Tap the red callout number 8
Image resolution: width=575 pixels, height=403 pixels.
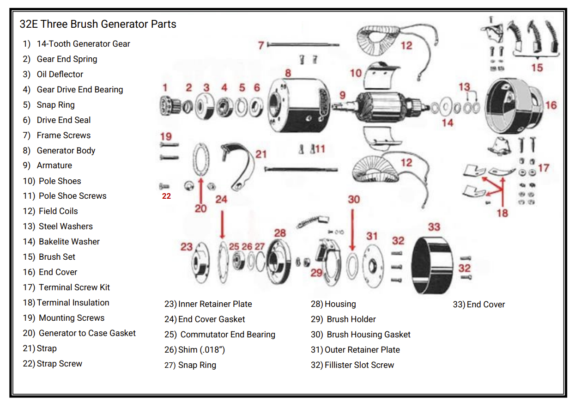[288, 73]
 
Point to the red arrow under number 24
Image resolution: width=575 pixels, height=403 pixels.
[223, 224]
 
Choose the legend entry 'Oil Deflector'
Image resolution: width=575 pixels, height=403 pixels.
[60, 74]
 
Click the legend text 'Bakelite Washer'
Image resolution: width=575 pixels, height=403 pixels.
[69, 242]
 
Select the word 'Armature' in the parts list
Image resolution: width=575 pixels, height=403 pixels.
[54, 165]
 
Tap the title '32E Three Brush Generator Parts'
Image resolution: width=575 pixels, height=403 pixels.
[98, 24]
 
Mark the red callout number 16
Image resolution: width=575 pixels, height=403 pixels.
[551, 105]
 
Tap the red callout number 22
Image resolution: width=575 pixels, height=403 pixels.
[166, 196]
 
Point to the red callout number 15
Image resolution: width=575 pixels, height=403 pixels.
[537, 68]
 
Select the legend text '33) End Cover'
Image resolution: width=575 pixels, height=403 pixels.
[479, 305]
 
